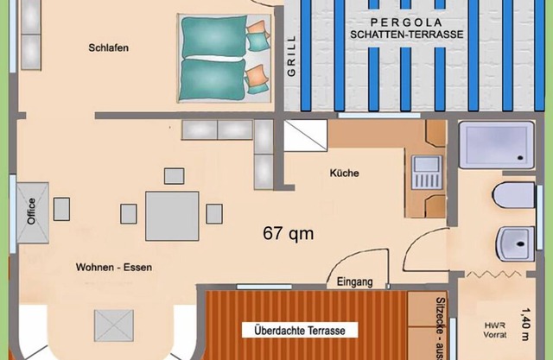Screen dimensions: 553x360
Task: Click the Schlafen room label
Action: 108,47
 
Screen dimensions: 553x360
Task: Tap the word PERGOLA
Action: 406,22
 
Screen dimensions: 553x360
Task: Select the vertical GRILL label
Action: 291,55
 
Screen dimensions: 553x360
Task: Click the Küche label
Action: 344,173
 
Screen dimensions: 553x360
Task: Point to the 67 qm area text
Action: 288,233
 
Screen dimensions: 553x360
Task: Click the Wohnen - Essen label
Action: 114,267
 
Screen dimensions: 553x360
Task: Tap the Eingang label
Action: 354,281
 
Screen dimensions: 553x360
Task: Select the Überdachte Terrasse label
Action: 300,331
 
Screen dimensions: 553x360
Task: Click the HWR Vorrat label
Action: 494,330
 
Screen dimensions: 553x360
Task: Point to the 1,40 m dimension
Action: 525,324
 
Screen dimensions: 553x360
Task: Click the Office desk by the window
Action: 33,212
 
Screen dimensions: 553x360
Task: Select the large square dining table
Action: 172,216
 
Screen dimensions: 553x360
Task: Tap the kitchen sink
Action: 426,173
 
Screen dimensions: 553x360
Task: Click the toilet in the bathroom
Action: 513,195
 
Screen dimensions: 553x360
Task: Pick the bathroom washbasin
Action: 515,243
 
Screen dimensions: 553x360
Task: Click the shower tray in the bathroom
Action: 497,144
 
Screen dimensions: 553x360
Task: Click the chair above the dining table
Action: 175,176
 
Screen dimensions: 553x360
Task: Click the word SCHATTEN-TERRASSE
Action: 407,35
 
